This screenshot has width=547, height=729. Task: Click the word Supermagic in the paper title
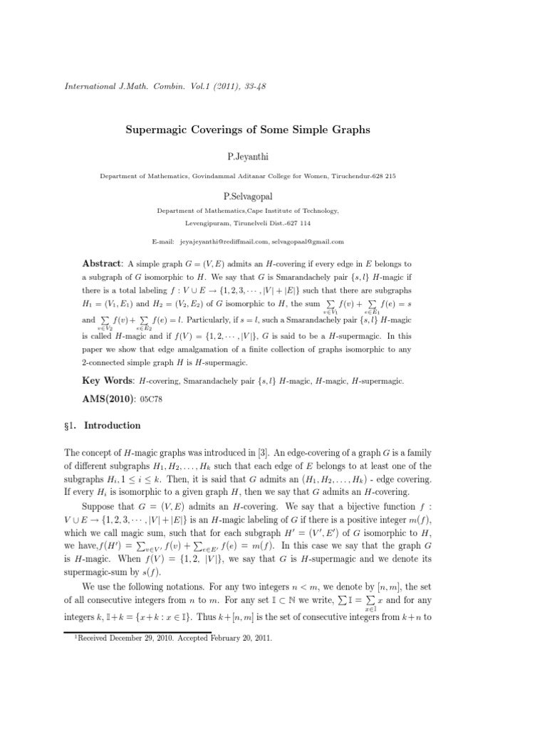pyautogui.click(x=166, y=130)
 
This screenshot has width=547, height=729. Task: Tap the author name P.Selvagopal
pyautogui.click(x=273, y=192)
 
